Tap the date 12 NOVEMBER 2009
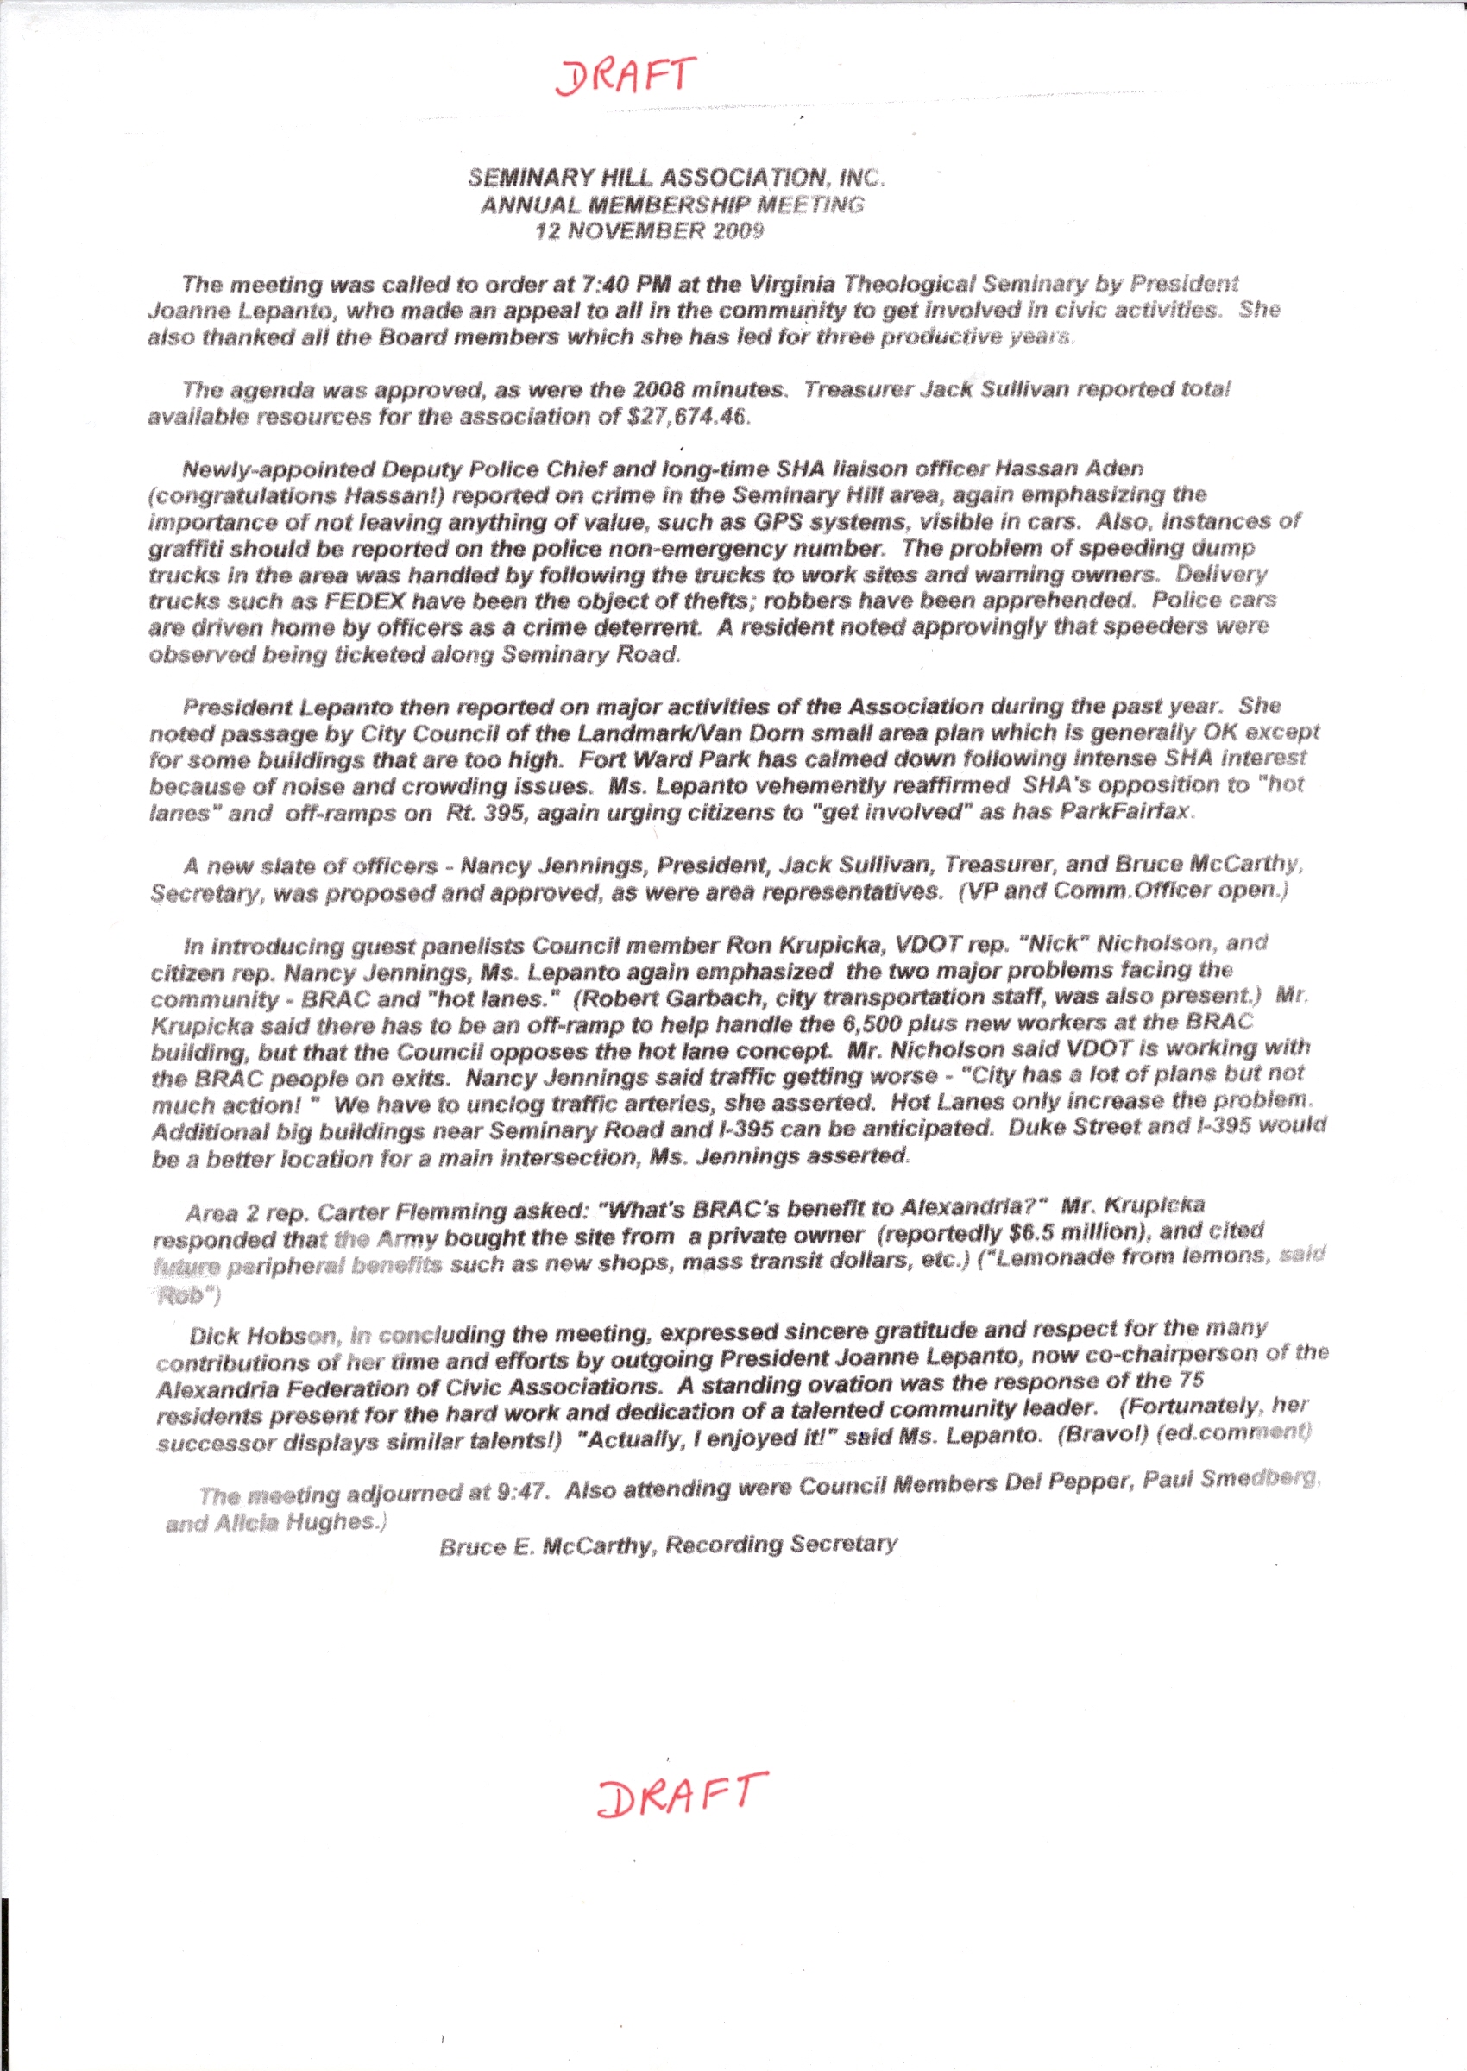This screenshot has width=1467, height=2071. click(x=649, y=230)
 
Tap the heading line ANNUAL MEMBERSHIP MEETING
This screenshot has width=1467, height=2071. click(x=672, y=205)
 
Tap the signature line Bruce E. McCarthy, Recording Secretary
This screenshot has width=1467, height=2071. click(x=669, y=1545)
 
